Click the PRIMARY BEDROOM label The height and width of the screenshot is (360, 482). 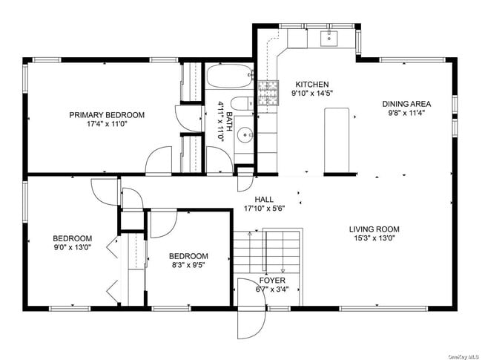pos(107,115)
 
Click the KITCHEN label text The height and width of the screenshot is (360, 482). pos(311,85)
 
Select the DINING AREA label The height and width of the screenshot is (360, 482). pos(406,104)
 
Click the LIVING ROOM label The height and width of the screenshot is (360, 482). pos(374,229)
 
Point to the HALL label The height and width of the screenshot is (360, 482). pos(265,199)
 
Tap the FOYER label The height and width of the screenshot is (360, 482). pos(271,281)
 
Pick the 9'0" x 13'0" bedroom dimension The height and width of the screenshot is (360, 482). pos(72,247)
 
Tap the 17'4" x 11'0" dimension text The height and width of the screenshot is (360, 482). pos(107,125)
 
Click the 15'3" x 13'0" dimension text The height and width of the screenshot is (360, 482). pos(374,239)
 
